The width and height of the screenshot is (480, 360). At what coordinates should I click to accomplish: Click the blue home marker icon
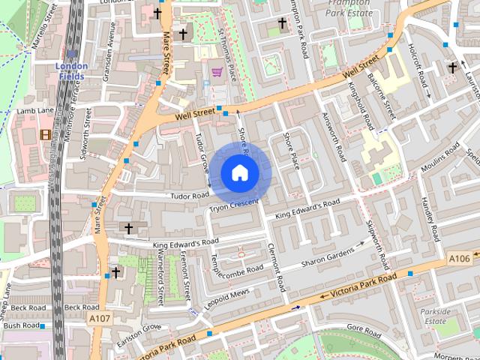pyautogui.click(x=239, y=172)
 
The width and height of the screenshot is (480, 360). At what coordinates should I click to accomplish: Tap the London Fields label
pyautogui.click(x=72, y=70)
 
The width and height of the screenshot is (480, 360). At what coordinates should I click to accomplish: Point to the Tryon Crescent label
pyautogui.click(x=234, y=205)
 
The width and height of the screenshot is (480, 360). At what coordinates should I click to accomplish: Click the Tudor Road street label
pyautogui.click(x=189, y=196)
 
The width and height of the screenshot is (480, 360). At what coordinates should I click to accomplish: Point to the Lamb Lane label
pyautogui.click(x=35, y=111)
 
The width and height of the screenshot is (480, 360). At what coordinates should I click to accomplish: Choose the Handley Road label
pyautogui.click(x=428, y=211)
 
